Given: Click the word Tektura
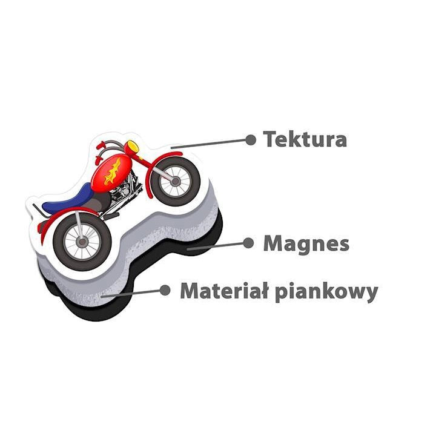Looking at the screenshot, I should tap(305, 139).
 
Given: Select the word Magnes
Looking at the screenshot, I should tap(306, 244).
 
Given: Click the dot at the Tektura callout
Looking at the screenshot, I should tap(251, 140).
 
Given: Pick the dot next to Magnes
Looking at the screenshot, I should tap(248, 243).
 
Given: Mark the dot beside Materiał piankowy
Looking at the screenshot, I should tap(165, 290).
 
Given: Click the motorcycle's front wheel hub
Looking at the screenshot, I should tap(175, 181).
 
